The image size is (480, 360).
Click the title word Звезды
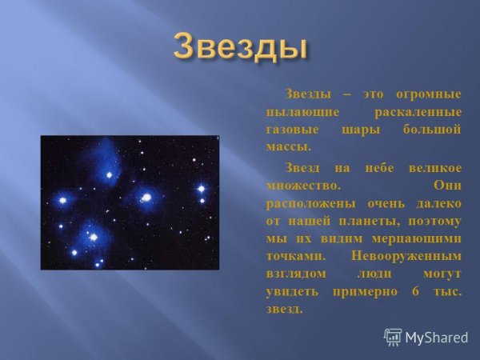[x=241, y=46]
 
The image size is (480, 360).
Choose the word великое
[x=433, y=167]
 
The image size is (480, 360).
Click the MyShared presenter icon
[x=393, y=337]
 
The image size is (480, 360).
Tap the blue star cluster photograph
[x=130, y=202]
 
